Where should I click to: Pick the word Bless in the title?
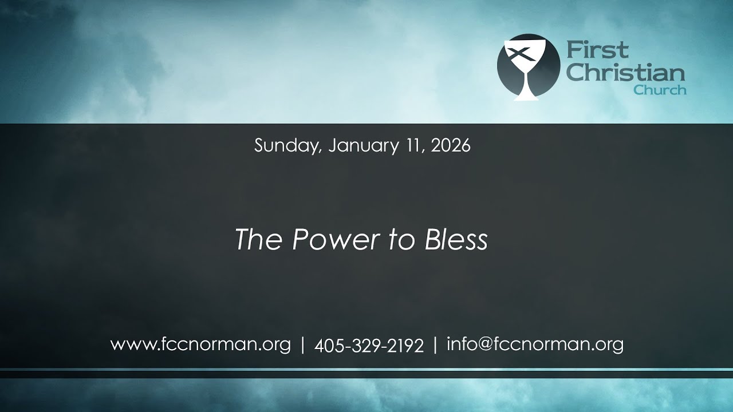tap(456, 240)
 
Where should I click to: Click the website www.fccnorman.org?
tap(200, 345)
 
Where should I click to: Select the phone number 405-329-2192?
tap(369, 346)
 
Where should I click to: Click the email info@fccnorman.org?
tap(535, 345)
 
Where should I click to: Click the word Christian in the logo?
tap(625, 72)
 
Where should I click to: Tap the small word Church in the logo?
tap(660, 90)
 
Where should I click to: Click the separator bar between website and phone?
tap(302, 345)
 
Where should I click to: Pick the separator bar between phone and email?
tap(435, 345)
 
